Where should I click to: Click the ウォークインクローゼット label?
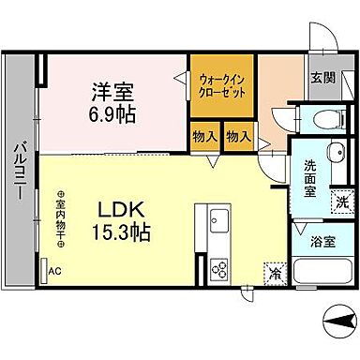click(x=221, y=87)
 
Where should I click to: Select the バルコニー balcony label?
click(x=19, y=174)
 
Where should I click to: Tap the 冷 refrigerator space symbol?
click(x=276, y=273)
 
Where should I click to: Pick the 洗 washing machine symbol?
click(x=342, y=201)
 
